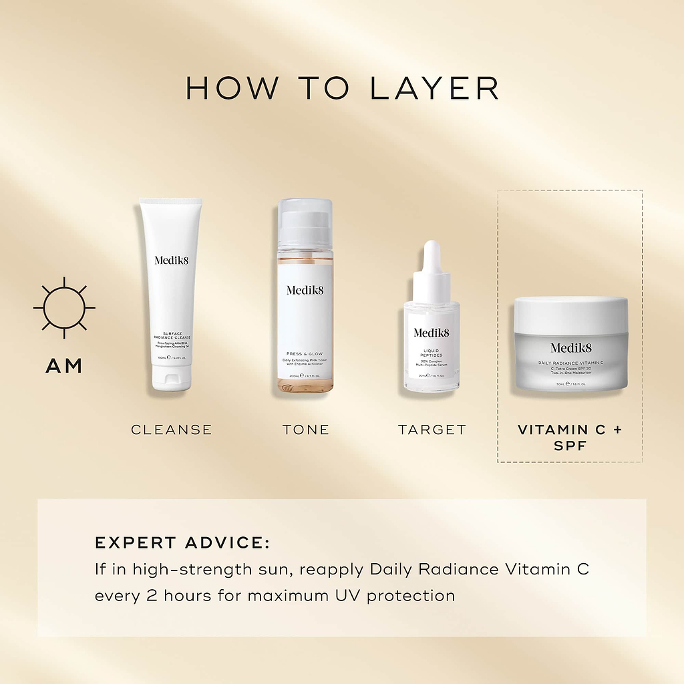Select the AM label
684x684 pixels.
(64, 366)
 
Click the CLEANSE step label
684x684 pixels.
(172, 430)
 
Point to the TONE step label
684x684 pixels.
(306, 430)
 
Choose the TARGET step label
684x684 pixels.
(432, 430)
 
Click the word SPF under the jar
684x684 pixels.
(570, 446)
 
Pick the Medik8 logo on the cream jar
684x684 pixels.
(571, 347)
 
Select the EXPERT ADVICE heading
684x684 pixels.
(182, 543)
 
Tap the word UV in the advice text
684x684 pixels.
(347, 594)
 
